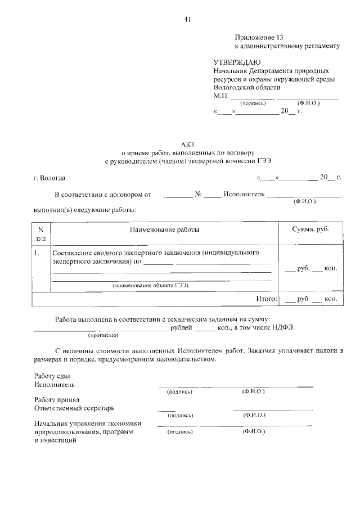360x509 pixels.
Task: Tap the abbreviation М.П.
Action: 222,96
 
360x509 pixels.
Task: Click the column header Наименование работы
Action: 164,229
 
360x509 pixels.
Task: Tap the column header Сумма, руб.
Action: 310,229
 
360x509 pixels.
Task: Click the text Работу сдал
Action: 52,376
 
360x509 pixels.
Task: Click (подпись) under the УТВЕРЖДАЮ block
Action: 253,103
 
